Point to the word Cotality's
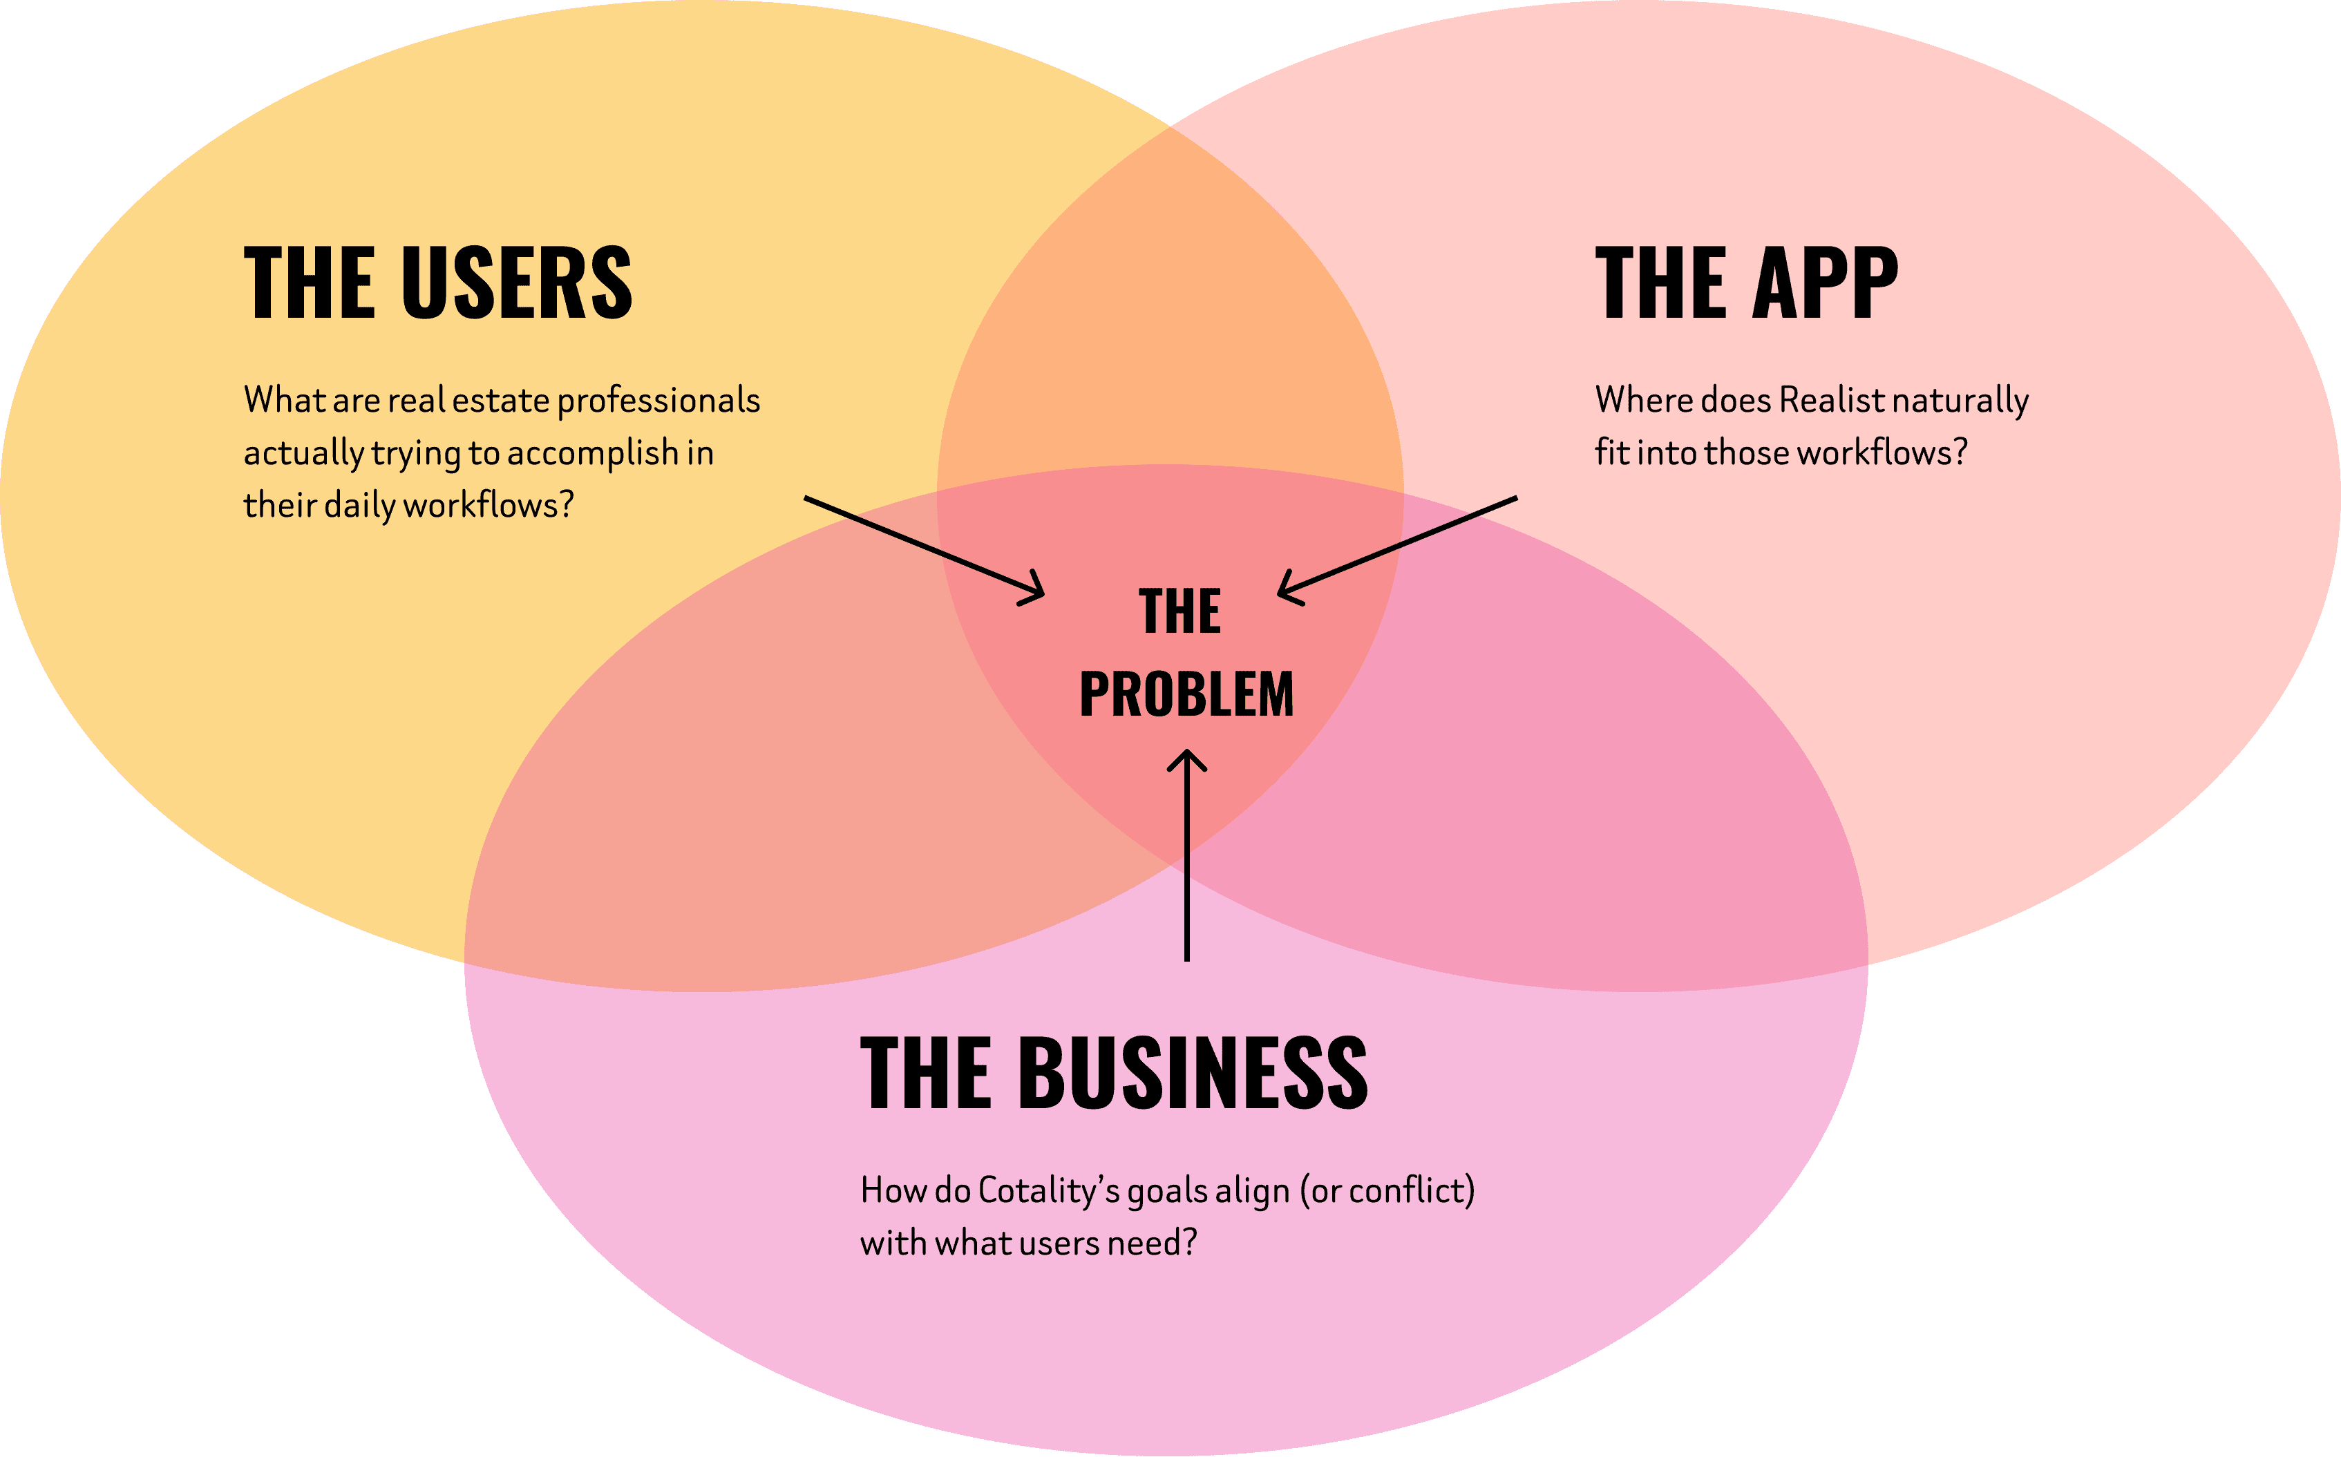tap(1049, 1191)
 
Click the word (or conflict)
tap(1387, 1191)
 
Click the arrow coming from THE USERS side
tap(923, 546)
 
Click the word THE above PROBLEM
tap(1179, 612)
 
